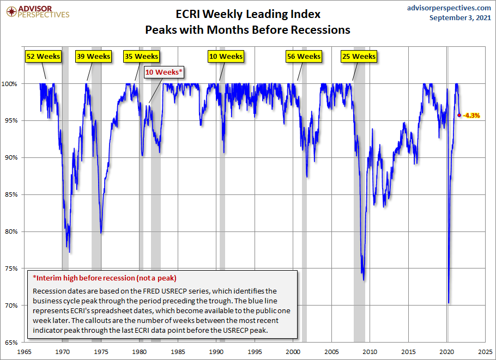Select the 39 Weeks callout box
tap(94, 56)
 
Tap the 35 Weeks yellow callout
tap(141, 56)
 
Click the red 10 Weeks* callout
tap(164, 72)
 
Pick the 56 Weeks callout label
tap(304, 56)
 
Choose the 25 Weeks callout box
tap(359, 56)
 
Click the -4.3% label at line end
tap(471, 115)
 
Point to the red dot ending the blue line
tap(459, 115)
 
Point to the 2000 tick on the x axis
tap(293, 351)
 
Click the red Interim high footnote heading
tap(105, 278)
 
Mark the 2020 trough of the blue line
tap(448, 303)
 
